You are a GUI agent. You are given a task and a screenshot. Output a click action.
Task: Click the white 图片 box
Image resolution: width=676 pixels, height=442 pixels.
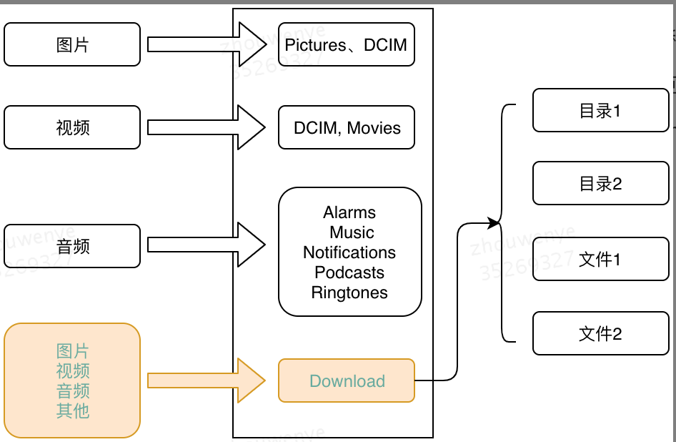(x=72, y=44)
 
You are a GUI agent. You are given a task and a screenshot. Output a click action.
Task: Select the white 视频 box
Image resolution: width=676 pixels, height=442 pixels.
(x=72, y=127)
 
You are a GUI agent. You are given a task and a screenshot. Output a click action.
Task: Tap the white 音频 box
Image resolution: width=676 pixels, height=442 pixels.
(x=72, y=246)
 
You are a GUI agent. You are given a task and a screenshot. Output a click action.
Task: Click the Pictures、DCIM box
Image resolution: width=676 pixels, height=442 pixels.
(x=346, y=44)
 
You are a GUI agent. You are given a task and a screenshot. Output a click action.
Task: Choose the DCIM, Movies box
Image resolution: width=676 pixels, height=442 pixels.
(x=347, y=128)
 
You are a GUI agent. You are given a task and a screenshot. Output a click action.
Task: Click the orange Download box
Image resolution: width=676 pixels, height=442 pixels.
(x=347, y=380)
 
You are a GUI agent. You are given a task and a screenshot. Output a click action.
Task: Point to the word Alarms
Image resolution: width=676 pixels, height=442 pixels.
(x=349, y=212)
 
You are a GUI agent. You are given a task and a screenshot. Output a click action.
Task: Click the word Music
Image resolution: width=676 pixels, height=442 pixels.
(x=352, y=232)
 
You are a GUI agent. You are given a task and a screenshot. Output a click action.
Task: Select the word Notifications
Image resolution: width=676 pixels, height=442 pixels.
(x=349, y=252)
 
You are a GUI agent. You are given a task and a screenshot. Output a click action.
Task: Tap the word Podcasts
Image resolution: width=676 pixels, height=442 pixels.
(x=349, y=272)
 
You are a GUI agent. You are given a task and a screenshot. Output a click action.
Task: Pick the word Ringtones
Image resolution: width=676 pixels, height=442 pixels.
(x=349, y=293)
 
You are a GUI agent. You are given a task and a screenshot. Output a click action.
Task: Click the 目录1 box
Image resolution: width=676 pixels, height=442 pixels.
(x=600, y=111)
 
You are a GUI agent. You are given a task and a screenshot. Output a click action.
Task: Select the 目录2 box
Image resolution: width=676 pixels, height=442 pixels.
(x=600, y=184)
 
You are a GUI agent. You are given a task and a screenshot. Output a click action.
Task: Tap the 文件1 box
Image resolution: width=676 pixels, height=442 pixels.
(x=600, y=259)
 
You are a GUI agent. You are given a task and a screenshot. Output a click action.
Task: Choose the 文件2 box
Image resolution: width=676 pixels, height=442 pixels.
(x=600, y=333)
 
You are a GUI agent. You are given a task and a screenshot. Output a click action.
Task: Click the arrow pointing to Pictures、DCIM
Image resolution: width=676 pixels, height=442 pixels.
(x=207, y=44)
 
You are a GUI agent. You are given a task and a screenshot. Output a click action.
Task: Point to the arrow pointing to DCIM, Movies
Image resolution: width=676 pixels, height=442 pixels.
(x=207, y=127)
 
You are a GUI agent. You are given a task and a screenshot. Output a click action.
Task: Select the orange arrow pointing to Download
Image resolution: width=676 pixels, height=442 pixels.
(x=207, y=380)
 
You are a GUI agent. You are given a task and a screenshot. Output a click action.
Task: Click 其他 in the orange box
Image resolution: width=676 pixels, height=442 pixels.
(x=73, y=411)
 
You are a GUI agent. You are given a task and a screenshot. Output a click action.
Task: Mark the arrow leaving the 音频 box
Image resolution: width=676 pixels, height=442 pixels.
(x=207, y=245)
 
